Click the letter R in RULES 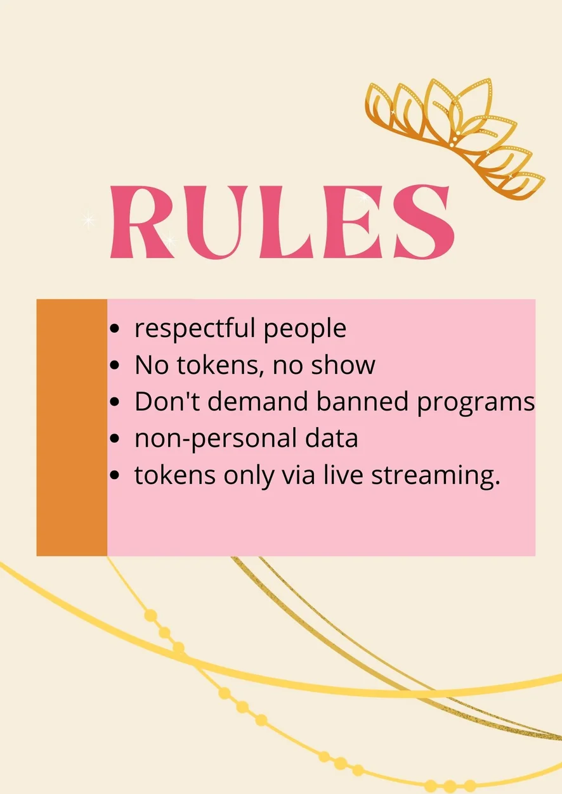[142, 222]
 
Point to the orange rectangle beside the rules [72, 428]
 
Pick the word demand [258, 401]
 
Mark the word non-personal [216, 439]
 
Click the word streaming [436, 476]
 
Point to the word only [249, 476]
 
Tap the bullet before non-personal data [114, 439]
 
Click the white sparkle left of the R [88, 220]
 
